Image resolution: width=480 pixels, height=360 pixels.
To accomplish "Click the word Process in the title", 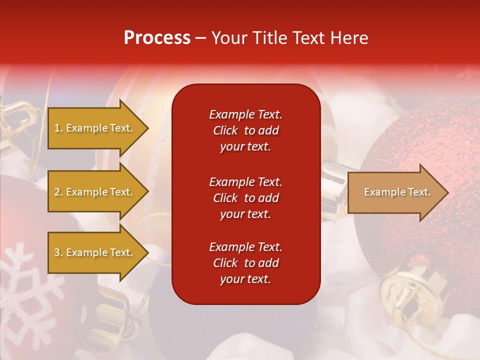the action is [x=157, y=37].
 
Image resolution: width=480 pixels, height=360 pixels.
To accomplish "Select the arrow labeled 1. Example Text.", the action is [x=98, y=128].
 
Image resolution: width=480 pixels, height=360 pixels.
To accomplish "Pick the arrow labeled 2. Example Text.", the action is [x=98, y=191].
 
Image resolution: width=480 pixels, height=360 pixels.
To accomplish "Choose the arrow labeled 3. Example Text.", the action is [x=98, y=252].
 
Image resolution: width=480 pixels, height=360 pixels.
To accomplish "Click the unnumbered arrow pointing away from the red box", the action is [x=398, y=192].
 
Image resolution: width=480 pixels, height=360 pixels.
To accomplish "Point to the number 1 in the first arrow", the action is [x=57, y=128].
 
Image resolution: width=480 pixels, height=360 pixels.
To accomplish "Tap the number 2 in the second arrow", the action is [x=57, y=192].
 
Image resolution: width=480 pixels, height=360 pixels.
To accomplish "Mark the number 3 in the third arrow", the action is [x=57, y=252].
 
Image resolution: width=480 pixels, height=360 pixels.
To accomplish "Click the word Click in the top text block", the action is [x=225, y=130].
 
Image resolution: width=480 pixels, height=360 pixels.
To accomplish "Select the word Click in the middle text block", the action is [x=225, y=198].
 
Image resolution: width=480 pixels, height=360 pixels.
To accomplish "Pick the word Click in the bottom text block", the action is [x=225, y=262].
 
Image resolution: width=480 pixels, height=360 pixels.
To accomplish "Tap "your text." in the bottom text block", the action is [x=245, y=279].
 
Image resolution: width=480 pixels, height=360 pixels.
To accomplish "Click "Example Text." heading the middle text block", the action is [x=246, y=182].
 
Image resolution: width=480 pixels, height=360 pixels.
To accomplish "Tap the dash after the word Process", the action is [x=200, y=38].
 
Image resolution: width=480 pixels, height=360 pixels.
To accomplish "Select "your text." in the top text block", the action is [x=245, y=146].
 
